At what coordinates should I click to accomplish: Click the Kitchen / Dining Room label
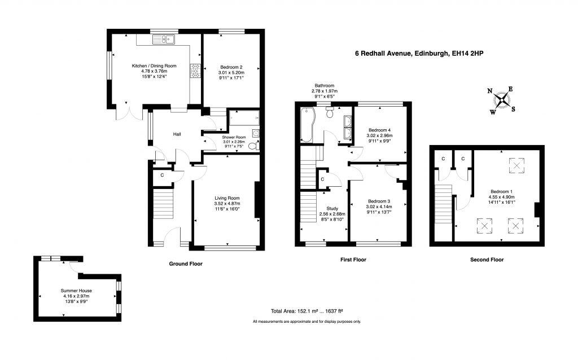click(154, 66)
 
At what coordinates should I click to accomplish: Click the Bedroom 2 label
click(231, 67)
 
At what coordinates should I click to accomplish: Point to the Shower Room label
click(234, 137)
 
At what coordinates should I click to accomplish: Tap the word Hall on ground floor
click(177, 134)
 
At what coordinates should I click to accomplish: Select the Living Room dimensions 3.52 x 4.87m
click(227, 204)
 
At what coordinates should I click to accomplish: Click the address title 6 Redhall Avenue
click(419, 54)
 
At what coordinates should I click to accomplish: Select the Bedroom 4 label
click(379, 129)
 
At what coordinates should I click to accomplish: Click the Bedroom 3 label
click(379, 201)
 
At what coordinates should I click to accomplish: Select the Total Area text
click(307, 311)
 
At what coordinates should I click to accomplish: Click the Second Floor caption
click(487, 260)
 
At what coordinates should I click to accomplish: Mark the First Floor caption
click(353, 260)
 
